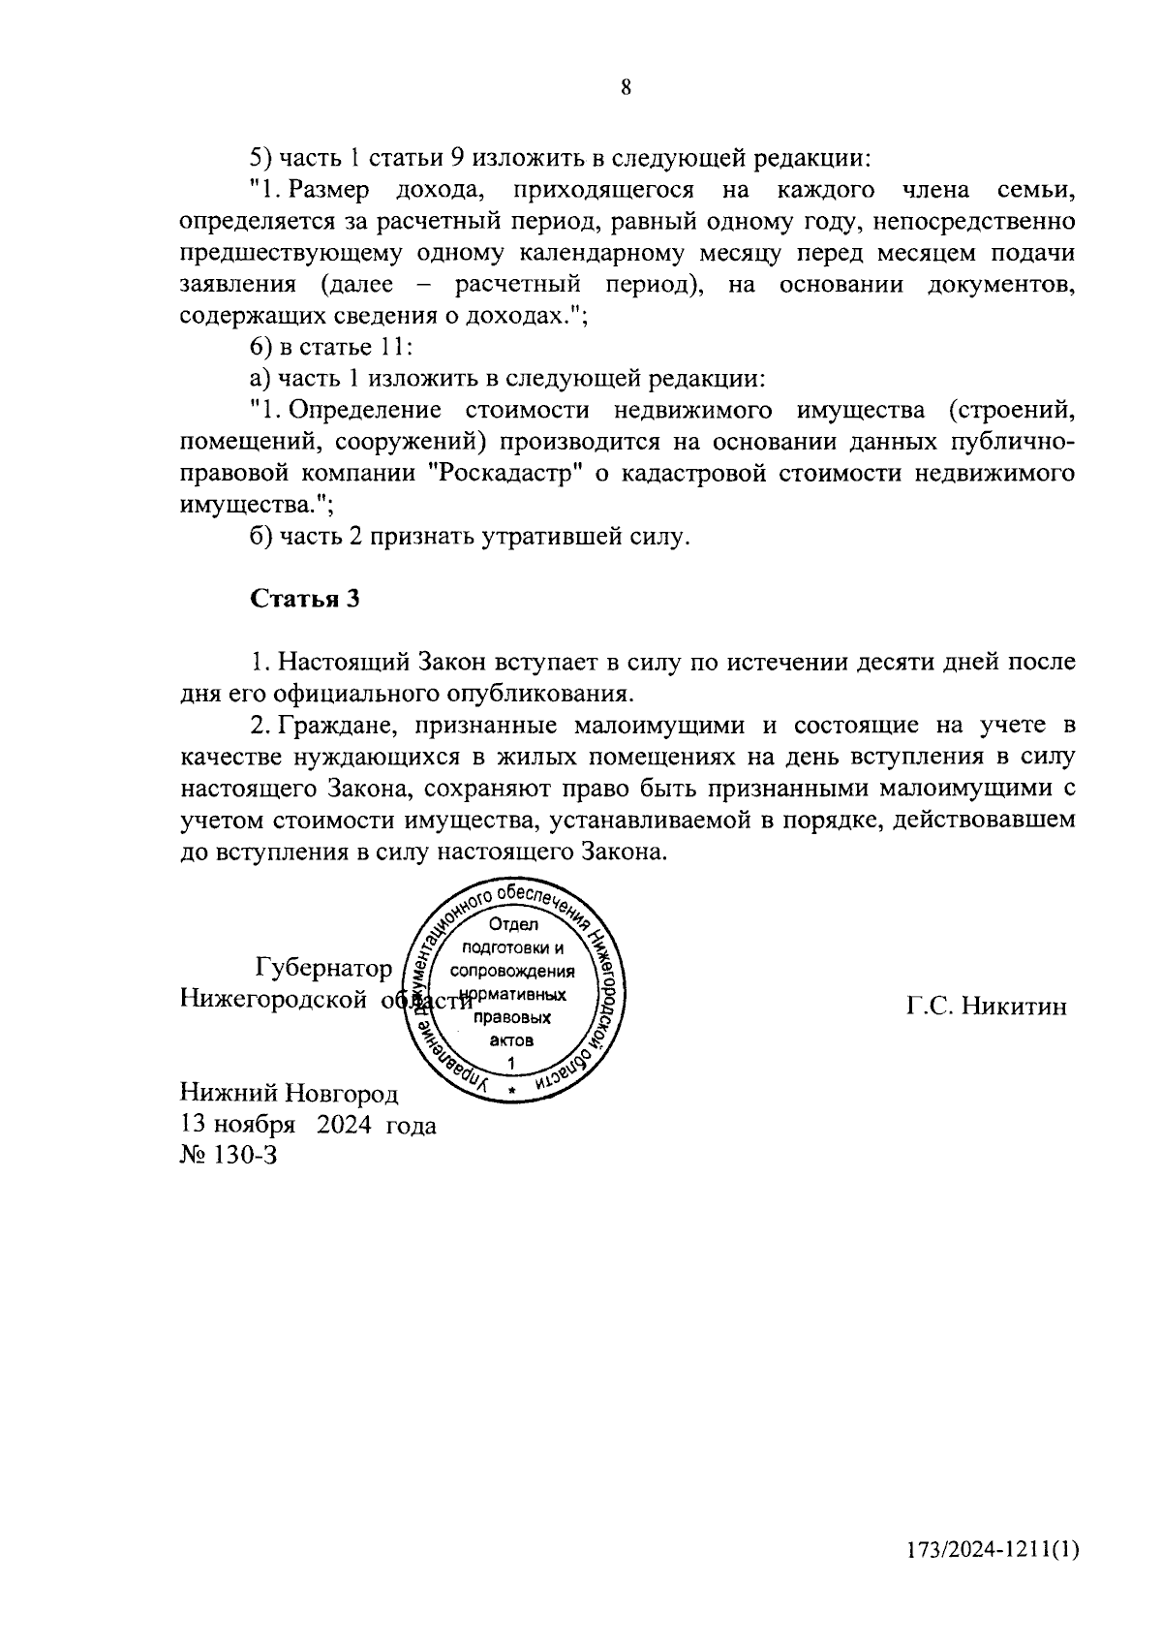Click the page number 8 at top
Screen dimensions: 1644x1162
(626, 88)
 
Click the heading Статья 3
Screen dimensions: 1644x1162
(305, 599)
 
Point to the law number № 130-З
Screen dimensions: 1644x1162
(229, 1155)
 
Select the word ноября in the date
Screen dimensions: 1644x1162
(255, 1125)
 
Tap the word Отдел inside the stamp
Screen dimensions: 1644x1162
(513, 925)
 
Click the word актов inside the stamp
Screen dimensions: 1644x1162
(512, 1040)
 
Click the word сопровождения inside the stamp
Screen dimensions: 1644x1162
(513, 972)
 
